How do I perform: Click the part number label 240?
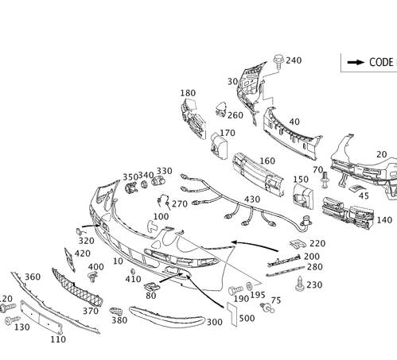point(294,60)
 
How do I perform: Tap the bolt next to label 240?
point(278,60)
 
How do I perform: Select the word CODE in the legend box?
point(381,63)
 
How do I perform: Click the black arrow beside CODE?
point(356,63)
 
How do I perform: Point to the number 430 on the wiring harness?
point(252,199)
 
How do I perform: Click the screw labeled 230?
point(300,284)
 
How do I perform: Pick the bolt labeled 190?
point(235,290)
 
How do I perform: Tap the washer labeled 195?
point(249,285)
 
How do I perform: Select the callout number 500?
point(247,318)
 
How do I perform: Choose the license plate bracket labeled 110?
point(41,317)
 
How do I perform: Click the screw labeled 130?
point(12,320)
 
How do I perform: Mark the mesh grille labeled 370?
point(77,288)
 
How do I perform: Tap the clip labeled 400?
point(91,277)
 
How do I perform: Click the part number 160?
point(267,161)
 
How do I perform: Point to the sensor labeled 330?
point(158,180)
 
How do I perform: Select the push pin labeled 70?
point(324,180)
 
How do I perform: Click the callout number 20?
point(382,154)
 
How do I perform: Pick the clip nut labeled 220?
point(298,244)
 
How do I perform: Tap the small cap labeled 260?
point(220,109)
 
